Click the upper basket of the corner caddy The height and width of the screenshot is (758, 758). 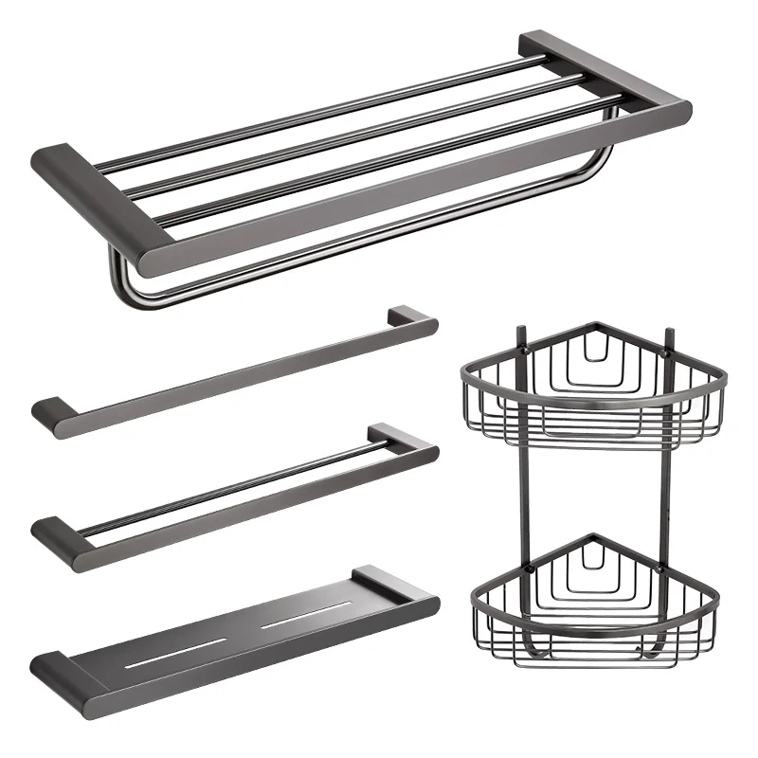tap(592, 388)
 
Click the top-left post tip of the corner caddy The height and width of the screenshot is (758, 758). tap(518, 334)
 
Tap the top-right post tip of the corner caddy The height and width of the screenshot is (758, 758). tap(669, 334)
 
